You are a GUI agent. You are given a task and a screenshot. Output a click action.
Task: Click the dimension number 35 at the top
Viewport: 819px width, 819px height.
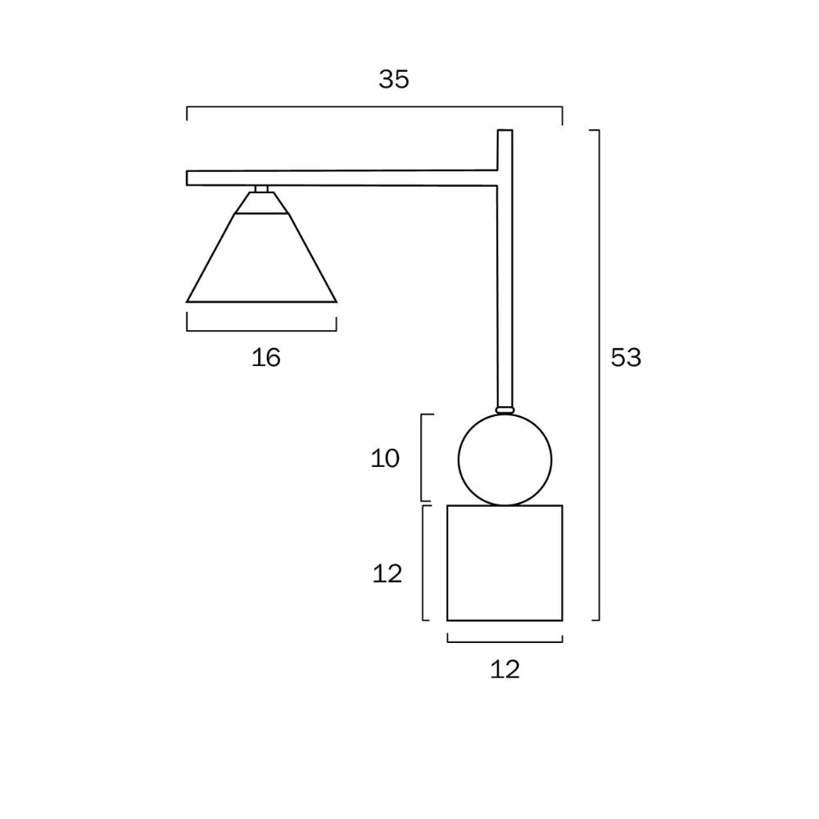point(394,79)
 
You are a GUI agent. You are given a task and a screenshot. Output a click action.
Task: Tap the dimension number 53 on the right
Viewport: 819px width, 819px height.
point(627,358)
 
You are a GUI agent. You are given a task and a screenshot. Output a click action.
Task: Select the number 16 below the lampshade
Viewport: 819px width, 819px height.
point(266,357)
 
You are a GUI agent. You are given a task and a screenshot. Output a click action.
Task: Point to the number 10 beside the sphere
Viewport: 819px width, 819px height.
point(385,459)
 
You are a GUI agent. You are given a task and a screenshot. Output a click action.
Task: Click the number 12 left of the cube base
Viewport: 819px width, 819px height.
point(387,574)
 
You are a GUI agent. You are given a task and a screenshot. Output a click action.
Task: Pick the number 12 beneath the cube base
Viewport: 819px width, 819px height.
point(505,670)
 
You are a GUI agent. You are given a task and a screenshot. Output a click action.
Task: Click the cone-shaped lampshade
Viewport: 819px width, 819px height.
point(261,262)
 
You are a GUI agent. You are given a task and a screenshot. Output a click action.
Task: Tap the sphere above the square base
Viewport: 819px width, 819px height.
point(505,459)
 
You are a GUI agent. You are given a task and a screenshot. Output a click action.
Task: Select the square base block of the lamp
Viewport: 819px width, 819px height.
point(505,563)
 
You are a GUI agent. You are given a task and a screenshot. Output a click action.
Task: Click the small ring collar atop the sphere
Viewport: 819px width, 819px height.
point(505,409)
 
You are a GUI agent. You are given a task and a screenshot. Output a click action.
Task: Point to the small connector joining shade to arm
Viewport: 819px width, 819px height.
point(261,189)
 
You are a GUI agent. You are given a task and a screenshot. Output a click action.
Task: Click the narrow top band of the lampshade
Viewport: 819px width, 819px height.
point(261,204)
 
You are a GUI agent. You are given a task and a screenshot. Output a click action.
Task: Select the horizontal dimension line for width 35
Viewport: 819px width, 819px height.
point(374,107)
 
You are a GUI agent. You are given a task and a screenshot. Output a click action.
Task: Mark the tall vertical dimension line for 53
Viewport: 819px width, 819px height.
point(599,374)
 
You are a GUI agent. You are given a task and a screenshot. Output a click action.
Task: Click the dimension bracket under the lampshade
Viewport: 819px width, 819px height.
point(261,330)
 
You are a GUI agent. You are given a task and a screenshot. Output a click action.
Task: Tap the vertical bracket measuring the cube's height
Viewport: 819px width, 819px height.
point(423,563)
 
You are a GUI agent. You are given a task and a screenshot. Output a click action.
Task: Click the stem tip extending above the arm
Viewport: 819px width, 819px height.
point(505,147)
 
